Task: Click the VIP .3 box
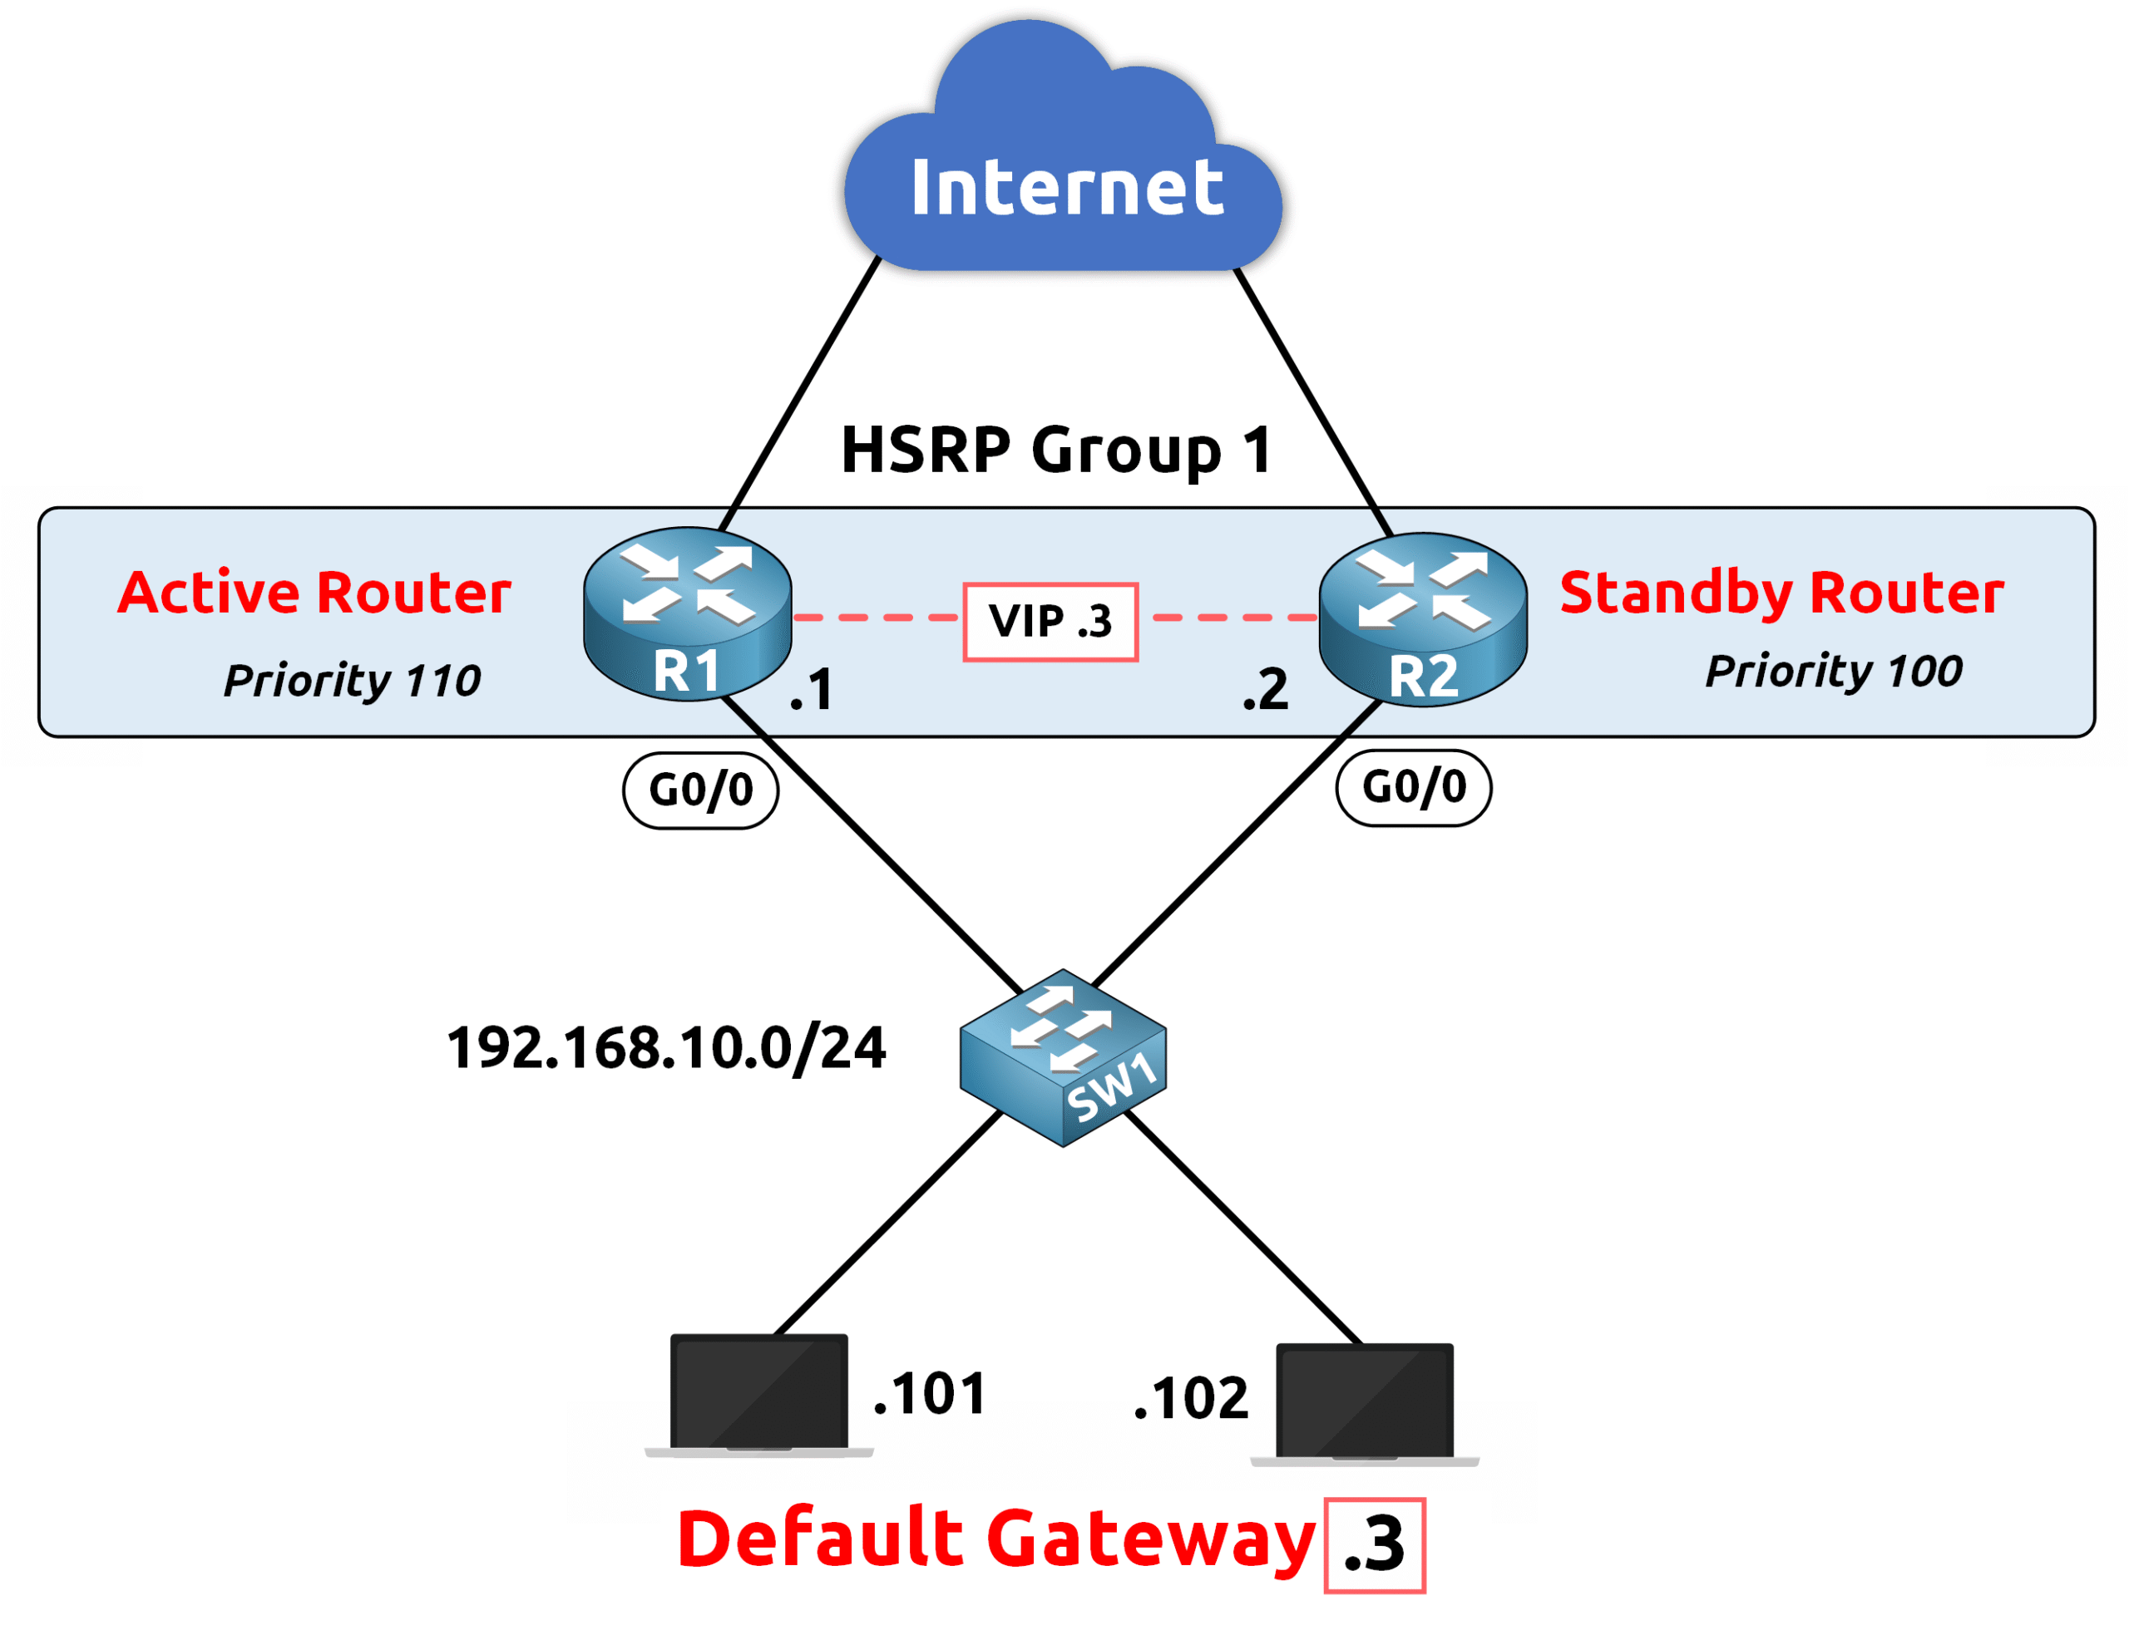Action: pyautogui.click(x=1050, y=621)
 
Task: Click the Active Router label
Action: pyautogui.click(x=314, y=592)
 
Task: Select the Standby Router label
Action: pyautogui.click(x=1781, y=592)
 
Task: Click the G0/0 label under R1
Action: pyautogui.click(x=700, y=790)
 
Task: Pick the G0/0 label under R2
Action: pyautogui.click(x=1413, y=787)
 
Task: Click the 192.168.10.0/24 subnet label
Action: pyautogui.click(x=666, y=1047)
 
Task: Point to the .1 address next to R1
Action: pyautogui.click(x=811, y=690)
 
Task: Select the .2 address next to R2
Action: pyautogui.click(x=1265, y=690)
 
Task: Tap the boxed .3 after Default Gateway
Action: pyautogui.click(x=1374, y=1544)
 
